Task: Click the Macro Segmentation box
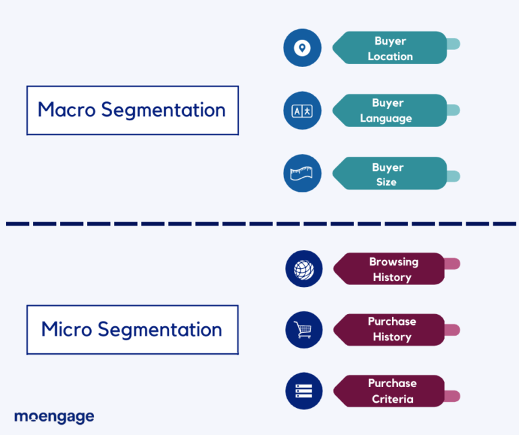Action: (x=132, y=110)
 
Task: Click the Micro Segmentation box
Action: (x=132, y=330)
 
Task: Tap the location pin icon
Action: (x=302, y=48)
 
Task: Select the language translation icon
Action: (x=302, y=110)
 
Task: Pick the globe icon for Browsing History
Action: (x=304, y=269)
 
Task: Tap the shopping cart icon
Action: (x=304, y=330)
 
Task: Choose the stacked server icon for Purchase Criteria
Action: (x=304, y=391)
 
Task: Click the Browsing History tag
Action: (x=392, y=269)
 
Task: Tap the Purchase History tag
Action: (x=392, y=330)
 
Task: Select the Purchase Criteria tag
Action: (x=392, y=391)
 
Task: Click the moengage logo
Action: (x=54, y=416)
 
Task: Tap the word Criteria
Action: (x=392, y=399)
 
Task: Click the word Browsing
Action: (x=393, y=261)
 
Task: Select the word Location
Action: (x=390, y=56)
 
